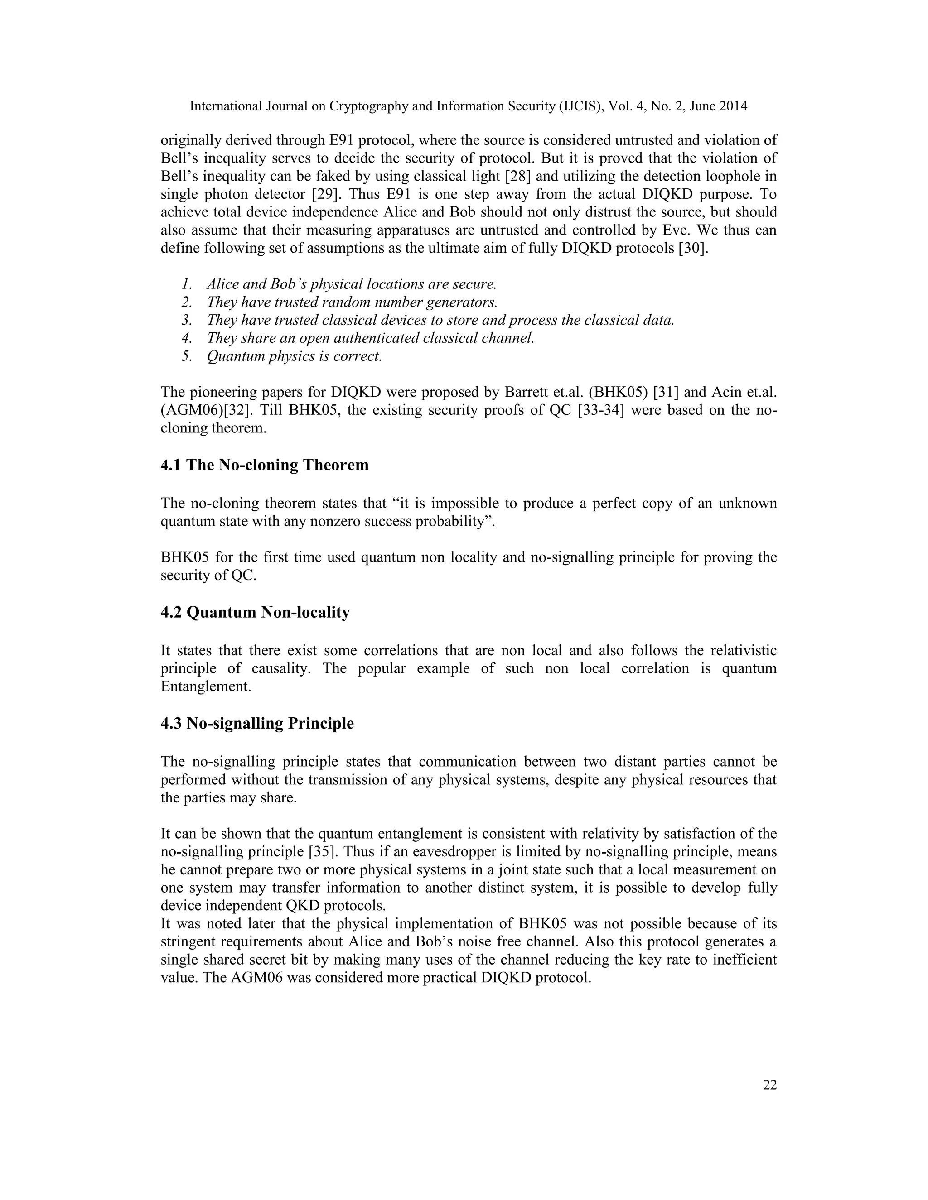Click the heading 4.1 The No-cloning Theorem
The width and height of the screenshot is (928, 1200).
[265, 465]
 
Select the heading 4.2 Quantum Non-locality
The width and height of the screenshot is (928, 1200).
[255, 612]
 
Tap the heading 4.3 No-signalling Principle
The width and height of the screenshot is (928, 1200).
[257, 723]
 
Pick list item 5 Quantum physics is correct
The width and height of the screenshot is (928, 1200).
[294, 356]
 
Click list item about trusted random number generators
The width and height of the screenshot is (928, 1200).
[352, 302]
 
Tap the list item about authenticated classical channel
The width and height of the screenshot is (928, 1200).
[371, 338]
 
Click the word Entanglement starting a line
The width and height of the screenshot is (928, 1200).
[205, 687]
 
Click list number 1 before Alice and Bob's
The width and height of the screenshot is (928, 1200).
[187, 285]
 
